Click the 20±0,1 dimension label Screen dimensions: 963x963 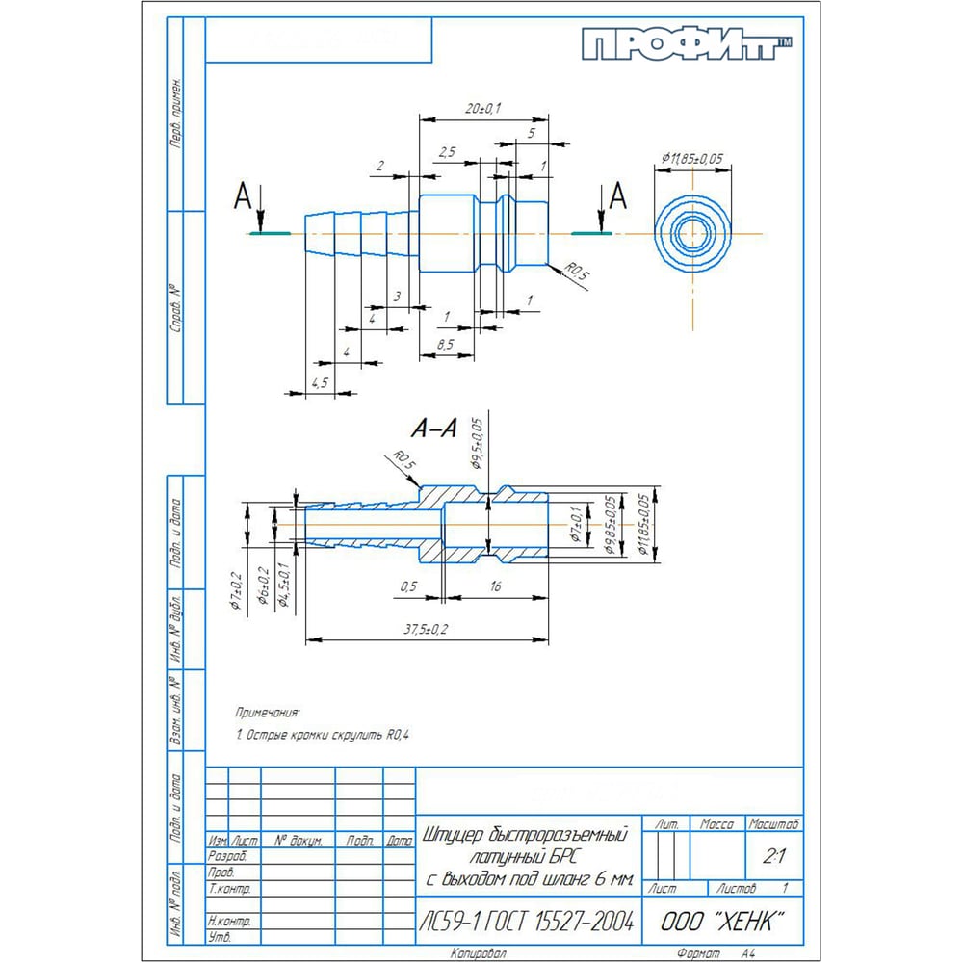click(482, 110)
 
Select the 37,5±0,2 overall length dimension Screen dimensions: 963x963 click(427, 629)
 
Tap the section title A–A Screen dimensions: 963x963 click(433, 429)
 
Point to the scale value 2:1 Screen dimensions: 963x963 click(772, 855)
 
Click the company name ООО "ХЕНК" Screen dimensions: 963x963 click(722, 921)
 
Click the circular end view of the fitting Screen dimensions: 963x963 click(692, 233)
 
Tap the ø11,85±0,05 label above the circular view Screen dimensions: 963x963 click(691, 158)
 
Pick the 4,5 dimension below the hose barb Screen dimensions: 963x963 click(320, 382)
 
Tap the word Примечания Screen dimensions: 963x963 click(268, 713)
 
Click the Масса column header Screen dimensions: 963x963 click(717, 824)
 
